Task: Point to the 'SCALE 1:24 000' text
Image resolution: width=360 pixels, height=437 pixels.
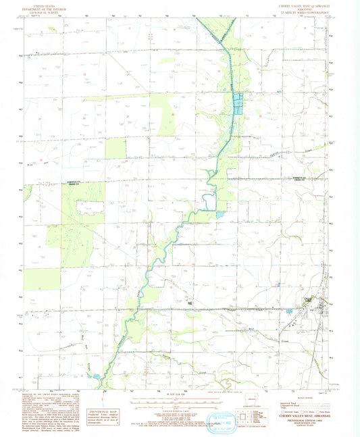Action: tap(178, 392)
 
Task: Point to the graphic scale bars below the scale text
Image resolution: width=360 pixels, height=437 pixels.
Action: tap(177, 404)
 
